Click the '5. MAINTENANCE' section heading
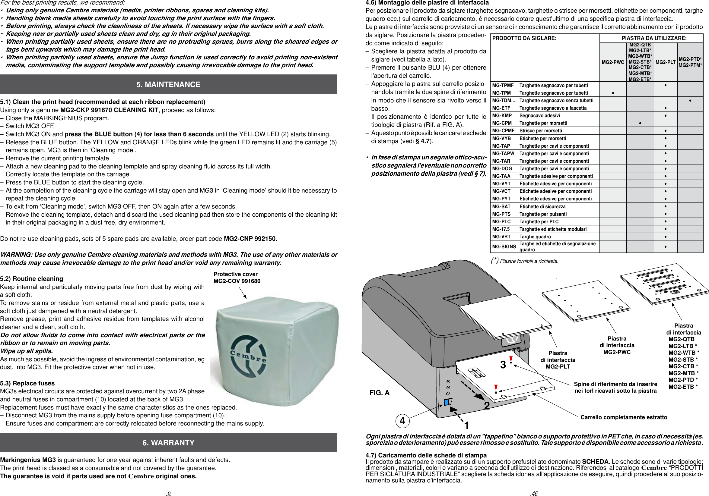(168, 84)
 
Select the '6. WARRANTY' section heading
(168, 443)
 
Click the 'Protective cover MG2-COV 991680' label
(237, 277)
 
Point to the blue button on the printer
(447, 402)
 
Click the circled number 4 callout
(402, 421)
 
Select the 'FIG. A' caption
(379, 393)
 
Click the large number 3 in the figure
(503, 365)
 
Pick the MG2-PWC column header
(613, 62)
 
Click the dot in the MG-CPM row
(640, 123)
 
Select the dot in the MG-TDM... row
(690, 101)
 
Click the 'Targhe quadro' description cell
(535, 237)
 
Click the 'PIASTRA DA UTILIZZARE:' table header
(654, 38)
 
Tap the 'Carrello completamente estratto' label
(623, 417)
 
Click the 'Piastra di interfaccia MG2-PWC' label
(617, 345)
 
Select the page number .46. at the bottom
(535, 493)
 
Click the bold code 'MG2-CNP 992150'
(250, 239)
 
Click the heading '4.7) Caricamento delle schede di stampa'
(426, 455)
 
